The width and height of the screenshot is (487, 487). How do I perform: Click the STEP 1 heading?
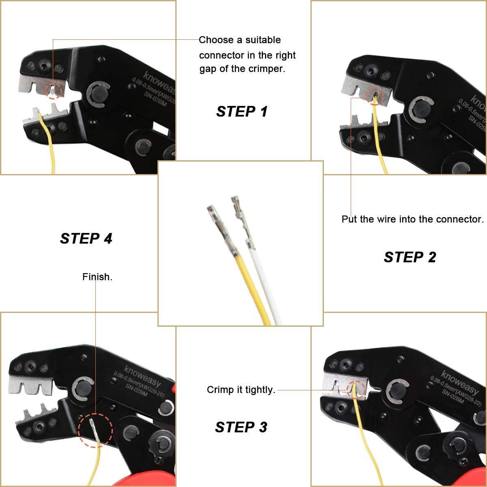[242, 111]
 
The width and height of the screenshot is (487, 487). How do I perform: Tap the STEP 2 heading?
[410, 257]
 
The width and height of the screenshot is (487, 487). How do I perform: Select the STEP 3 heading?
[241, 427]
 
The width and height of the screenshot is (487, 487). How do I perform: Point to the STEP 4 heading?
[86, 238]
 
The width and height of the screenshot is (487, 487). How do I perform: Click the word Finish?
[97, 277]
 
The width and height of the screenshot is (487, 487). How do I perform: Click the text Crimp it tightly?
[241, 390]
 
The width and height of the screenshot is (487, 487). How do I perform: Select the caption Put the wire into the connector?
[412, 219]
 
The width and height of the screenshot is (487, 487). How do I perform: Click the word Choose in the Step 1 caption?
[216, 40]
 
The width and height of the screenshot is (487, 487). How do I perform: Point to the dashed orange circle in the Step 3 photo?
[357, 389]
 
